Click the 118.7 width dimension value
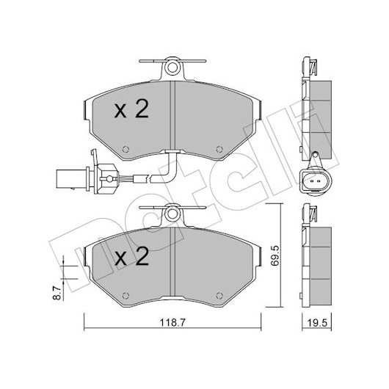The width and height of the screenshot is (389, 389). [x=172, y=322]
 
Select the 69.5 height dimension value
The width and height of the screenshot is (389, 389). [x=275, y=256]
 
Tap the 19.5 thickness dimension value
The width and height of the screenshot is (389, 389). [x=317, y=323]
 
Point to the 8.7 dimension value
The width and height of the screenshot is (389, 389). [x=57, y=293]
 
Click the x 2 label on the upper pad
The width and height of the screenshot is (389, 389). [x=131, y=109]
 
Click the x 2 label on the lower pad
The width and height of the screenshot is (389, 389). [x=131, y=256]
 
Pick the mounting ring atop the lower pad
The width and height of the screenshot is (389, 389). [x=172, y=214]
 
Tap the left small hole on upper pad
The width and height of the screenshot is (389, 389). [x=126, y=149]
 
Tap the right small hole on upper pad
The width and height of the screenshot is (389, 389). [x=219, y=149]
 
